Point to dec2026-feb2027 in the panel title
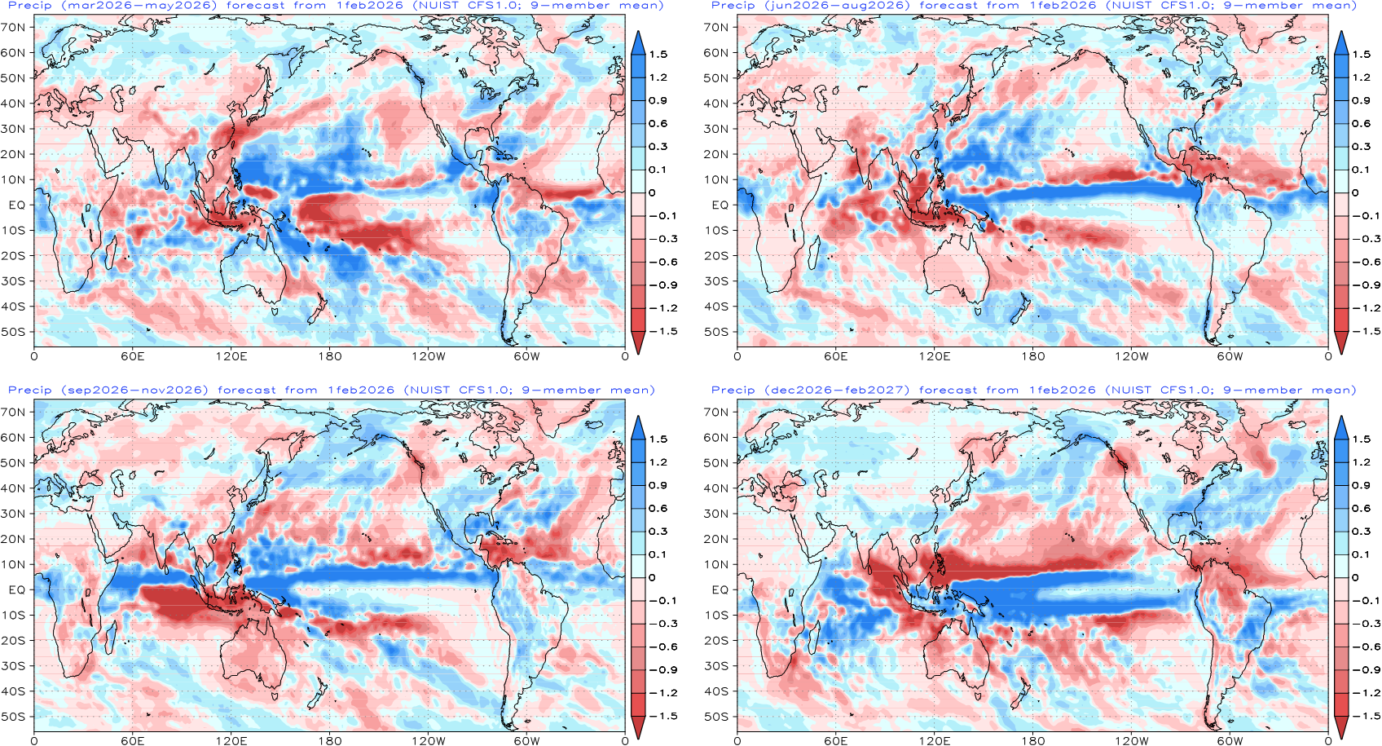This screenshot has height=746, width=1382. (x=837, y=391)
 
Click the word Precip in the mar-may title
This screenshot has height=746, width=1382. (x=30, y=6)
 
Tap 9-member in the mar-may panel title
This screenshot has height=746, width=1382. (x=569, y=6)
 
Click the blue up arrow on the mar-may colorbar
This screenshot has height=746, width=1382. (x=638, y=43)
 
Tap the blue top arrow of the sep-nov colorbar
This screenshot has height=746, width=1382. (x=638, y=428)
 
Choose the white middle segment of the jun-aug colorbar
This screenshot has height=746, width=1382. (x=1341, y=181)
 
